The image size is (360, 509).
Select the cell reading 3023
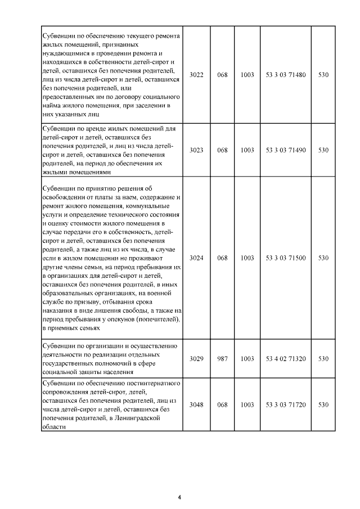(x=196, y=150)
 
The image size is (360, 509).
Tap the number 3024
(x=196, y=258)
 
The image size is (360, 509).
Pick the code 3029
(x=196, y=358)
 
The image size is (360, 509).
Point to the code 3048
(x=196, y=405)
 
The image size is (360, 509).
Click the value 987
(x=222, y=358)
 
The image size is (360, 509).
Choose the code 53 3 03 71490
(x=285, y=150)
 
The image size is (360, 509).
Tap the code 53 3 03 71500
(x=285, y=258)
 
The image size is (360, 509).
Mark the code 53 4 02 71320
(x=285, y=358)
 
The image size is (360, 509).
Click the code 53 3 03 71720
(x=285, y=405)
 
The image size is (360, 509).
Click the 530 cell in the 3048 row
(x=323, y=405)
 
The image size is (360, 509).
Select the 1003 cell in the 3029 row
(x=247, y=358)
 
